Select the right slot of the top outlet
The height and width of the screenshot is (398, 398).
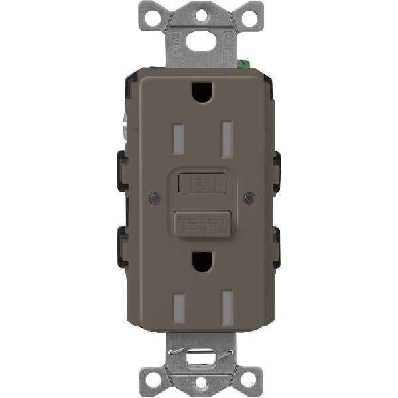[226, 136]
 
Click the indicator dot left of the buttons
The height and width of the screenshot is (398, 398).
[154, 198]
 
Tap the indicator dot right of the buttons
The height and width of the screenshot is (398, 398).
[248, 198]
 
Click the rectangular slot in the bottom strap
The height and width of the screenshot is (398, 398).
[198, 352]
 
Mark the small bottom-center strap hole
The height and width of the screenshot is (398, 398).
[198, 383]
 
